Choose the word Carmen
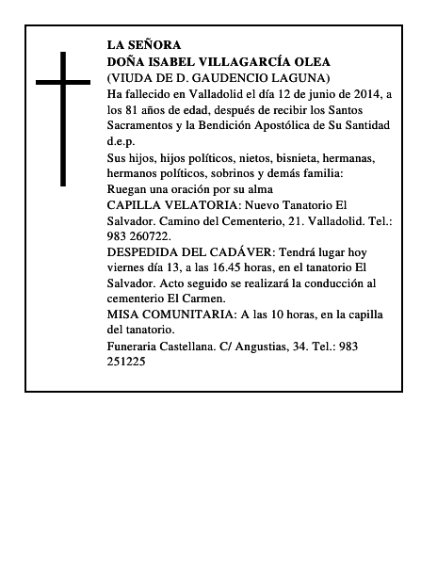[204, 299]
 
